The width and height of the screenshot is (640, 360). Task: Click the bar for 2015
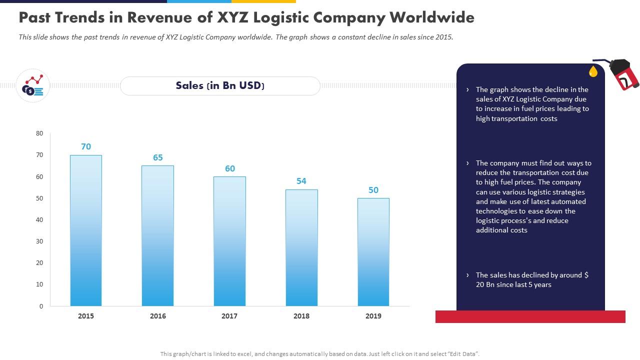click(86, 230)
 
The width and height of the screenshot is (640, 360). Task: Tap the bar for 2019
click(373, 252)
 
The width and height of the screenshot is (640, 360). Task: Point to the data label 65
click(158, 157)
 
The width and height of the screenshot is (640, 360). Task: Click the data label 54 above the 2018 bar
click(301, 181)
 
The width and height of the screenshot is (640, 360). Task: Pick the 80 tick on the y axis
click(39, 133)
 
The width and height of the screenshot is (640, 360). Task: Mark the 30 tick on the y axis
click(39, 241)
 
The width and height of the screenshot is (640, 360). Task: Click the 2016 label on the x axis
click(158, 316)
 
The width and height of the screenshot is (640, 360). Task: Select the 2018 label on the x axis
click(301, 316)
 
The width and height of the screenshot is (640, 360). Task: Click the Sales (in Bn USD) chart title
click(220, 85)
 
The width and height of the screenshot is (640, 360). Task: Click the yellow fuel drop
click(593, 71)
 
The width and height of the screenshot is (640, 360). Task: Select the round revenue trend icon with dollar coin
click(33, 86)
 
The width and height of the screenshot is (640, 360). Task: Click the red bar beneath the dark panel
click(530, 316)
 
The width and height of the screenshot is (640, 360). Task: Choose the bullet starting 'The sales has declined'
click(531, 279)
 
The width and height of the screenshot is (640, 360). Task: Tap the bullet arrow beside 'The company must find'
click(467, 163)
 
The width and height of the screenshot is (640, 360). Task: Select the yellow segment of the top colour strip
click(263, 1)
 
